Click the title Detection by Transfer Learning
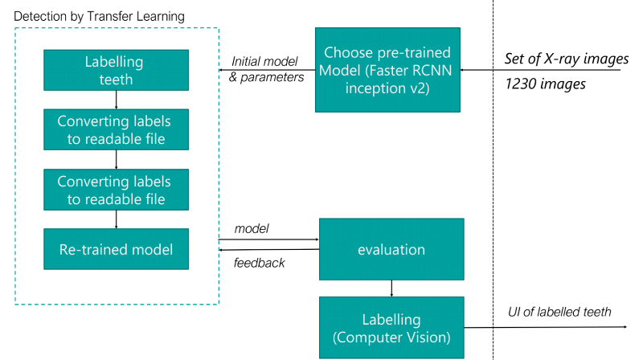tap(99, 16)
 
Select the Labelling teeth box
tap(116, 70)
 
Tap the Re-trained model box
tap(116, 249)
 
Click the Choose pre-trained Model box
tap(387, 70)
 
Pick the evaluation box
tap(391, 249)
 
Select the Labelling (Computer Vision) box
tap(391, 328)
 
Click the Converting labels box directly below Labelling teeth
tap(116, 129)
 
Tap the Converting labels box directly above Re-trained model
tap(116, 190)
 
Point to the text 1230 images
tap(546, 84)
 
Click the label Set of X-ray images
tap(567, 59)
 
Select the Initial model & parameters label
tap(266, 69)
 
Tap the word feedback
tap(259, 263)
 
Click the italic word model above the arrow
tap(252, 228)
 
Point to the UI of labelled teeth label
tap(559, 312)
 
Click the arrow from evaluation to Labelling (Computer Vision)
tap(391, 288)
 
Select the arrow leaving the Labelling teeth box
tap(116, 100)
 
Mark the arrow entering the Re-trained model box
tap(116, 219)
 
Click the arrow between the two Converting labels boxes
tap(116, 159)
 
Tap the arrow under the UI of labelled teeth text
tap(546, 327)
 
